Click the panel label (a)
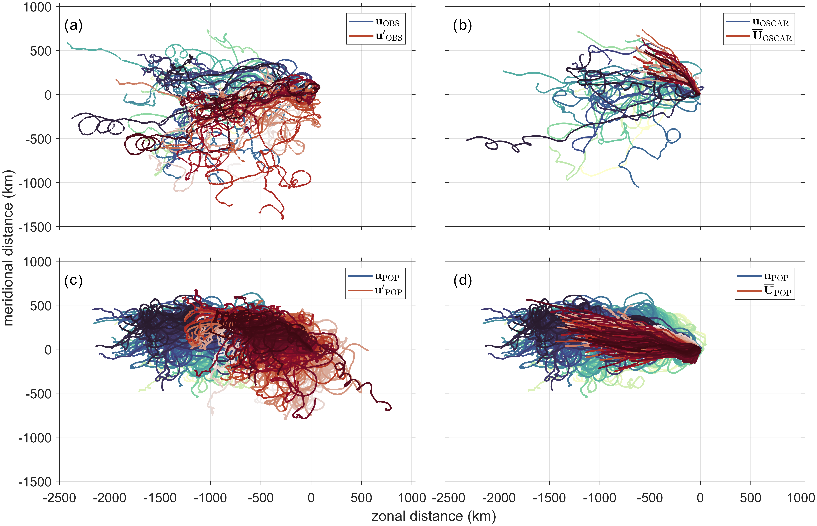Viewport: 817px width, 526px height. [x=73, y=26]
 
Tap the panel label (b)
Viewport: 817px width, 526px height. [x=462, y=26]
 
